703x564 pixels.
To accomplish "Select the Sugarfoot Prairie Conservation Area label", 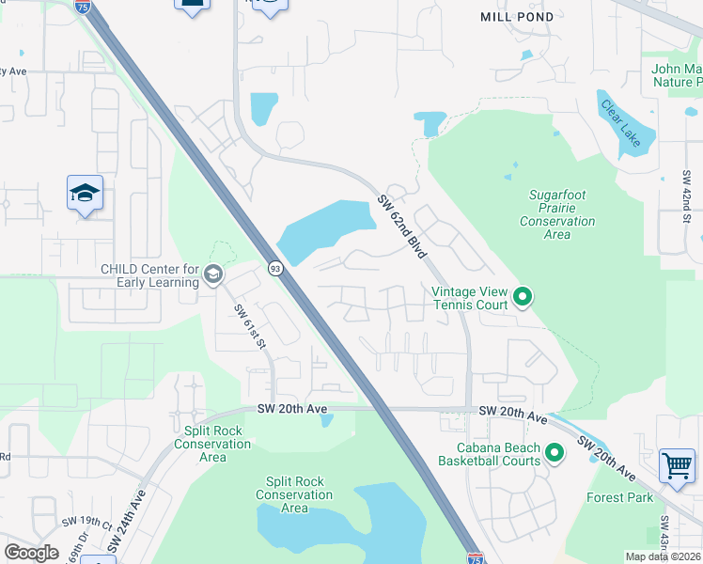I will [557, 214].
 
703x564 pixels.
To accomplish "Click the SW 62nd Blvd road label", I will [403, 227].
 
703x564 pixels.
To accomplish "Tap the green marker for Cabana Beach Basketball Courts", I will [555, 454].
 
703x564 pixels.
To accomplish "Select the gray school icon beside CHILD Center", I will [213, 274].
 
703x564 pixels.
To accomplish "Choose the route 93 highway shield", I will [273, 268].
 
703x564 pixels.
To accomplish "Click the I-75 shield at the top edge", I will [82, 7].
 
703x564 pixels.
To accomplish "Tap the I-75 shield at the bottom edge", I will [476, 557].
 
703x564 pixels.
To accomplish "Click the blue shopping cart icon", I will [677, 465].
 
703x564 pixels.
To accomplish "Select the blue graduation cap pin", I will [86, 194].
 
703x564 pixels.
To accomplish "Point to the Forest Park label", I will [619, 497].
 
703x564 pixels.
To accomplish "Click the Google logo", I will [31, 553].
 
